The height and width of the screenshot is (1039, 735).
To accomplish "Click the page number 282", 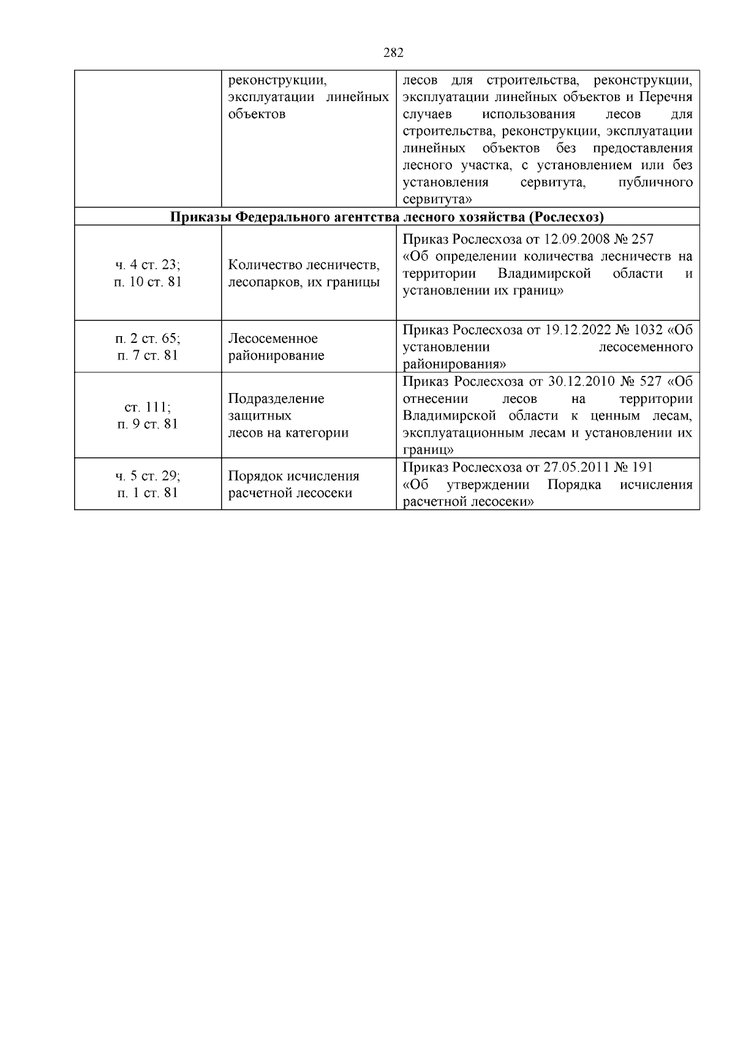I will (393, 53).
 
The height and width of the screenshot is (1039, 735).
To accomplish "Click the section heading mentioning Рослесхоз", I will (386, 217).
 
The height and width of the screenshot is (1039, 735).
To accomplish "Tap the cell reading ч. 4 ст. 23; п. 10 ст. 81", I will (148, 273).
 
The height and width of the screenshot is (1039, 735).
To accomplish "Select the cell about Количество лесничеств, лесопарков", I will (304, 273).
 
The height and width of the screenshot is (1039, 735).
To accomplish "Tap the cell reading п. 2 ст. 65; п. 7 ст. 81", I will (148, 347).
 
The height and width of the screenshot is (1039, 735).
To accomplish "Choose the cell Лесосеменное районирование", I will (276, 347).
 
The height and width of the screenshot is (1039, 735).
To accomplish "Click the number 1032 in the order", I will (647, 330).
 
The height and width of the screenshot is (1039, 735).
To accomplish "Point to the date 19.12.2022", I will (578, 330).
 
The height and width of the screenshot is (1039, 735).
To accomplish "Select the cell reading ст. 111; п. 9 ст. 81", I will (148, 415).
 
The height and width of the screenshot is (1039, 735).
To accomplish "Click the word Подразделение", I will (276, 399).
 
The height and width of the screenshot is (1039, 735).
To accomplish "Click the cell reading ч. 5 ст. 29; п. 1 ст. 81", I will (148, 484).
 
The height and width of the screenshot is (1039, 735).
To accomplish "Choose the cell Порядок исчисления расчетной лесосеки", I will (293, 484).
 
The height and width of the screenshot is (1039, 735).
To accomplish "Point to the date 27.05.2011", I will (577, 467).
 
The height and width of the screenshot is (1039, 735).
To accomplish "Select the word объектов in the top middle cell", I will (257, 114).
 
